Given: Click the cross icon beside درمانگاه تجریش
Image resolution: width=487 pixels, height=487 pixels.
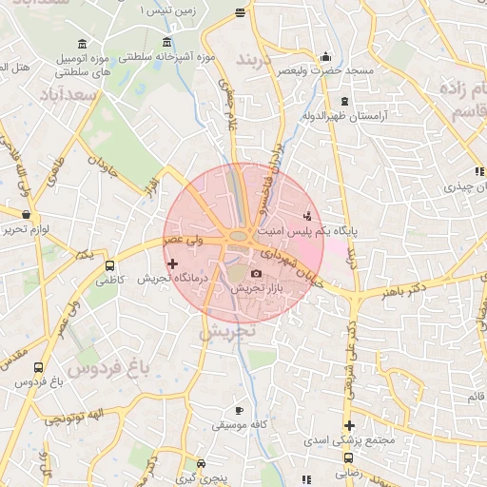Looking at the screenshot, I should coord(172,263).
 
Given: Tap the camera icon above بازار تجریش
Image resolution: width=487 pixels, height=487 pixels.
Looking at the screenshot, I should coord(256,274).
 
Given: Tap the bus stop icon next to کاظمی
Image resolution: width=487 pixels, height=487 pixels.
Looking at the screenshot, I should coord(109,266).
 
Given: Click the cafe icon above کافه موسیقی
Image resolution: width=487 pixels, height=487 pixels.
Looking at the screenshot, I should coord(239,409).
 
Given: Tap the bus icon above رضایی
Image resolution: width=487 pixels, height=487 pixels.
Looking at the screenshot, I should coord(349,457).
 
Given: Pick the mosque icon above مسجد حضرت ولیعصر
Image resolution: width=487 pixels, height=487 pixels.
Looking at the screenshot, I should coord(326,56).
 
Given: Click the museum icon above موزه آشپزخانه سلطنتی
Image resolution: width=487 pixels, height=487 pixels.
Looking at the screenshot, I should coord(167,42).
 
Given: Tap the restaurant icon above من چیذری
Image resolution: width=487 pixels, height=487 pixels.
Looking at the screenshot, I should coord(478,172).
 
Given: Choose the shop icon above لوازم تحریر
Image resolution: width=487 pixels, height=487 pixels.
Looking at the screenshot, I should coord(26,215).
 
